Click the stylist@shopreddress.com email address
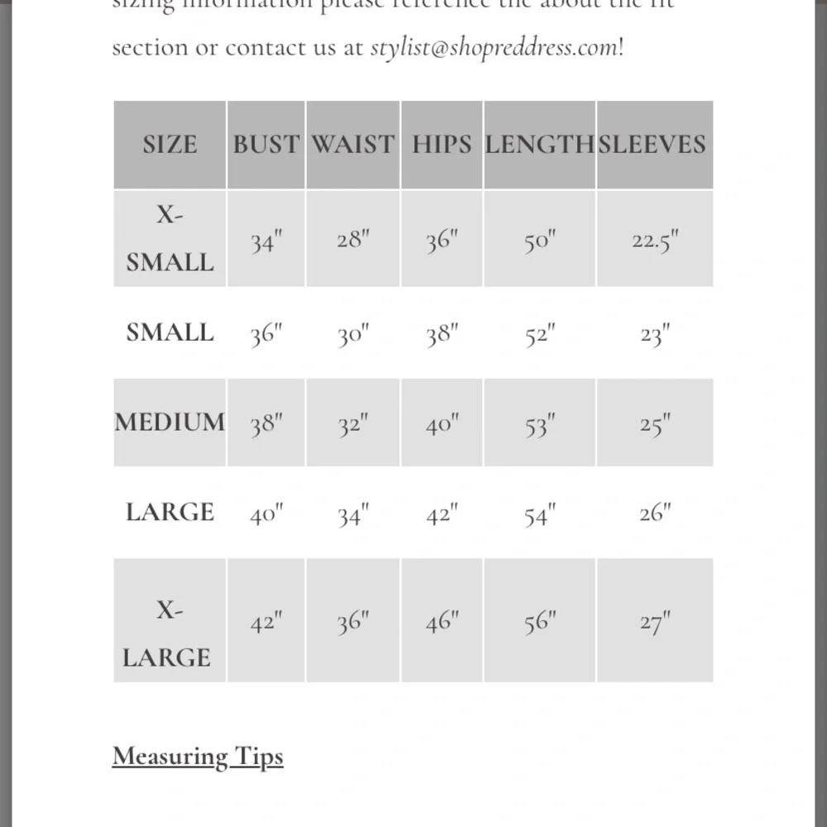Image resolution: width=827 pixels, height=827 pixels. pyautogui.click(x=494, y=47)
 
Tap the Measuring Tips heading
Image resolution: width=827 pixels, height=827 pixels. pyautogui.click(x=198, y=757)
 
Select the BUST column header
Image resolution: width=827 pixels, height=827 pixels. pyautogui.click(x=265, y=144)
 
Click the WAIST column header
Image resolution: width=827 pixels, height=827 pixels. pyautogui.click(x=353, y=144)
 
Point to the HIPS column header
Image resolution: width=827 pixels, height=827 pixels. pyautogui.click(x=442, y=144)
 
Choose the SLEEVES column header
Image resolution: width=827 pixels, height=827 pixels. pyautogui.click(x=653, y=144)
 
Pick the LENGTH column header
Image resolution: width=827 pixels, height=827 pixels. pyautogui.click(x=539, y=144)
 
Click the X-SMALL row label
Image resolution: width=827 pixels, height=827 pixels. pyautogui.click(x=170, y=239)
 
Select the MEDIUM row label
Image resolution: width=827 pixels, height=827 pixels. pyautogui.click(x=170, y=423)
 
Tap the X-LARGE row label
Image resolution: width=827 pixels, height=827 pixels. pyautogui.click(x=168, y=634)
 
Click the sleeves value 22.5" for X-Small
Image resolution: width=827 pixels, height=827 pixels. pyautogui.click(x=654, y=241)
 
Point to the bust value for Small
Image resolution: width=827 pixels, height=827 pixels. pyautogui.click(x=266, y=334)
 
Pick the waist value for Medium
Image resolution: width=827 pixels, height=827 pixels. pyautogui.click(x=353, y=425)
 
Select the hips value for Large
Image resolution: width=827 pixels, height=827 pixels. pyautogui.click(x=442, y=514)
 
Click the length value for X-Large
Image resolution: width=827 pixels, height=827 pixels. pyautogui.click(x=539, y=622)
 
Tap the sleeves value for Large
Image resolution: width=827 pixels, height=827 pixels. pyautogui.click(x=654, y=514)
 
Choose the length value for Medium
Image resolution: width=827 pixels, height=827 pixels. pyautogui.click(x=539, y=425)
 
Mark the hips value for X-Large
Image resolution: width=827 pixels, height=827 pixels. pyautogui.click(x=442, y=622)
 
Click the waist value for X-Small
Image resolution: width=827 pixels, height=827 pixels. pyautogui.click(x=353, y=241)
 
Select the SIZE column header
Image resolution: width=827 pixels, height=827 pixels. pyautogui.click(x=170, y=144)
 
